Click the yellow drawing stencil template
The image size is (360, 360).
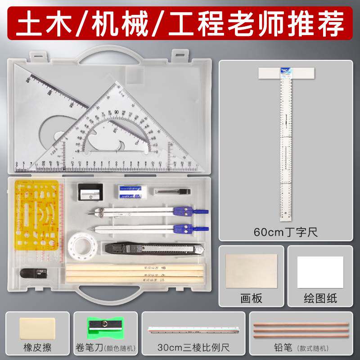coord(38,220)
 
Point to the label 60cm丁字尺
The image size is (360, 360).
coord(286,233)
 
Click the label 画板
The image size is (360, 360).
coord(251,298)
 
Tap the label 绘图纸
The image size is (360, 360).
coord(320,298)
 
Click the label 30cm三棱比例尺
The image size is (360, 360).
coord(193,347)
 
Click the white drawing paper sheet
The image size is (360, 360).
coord(320,272)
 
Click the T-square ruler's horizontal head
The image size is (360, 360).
coord(286,73)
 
